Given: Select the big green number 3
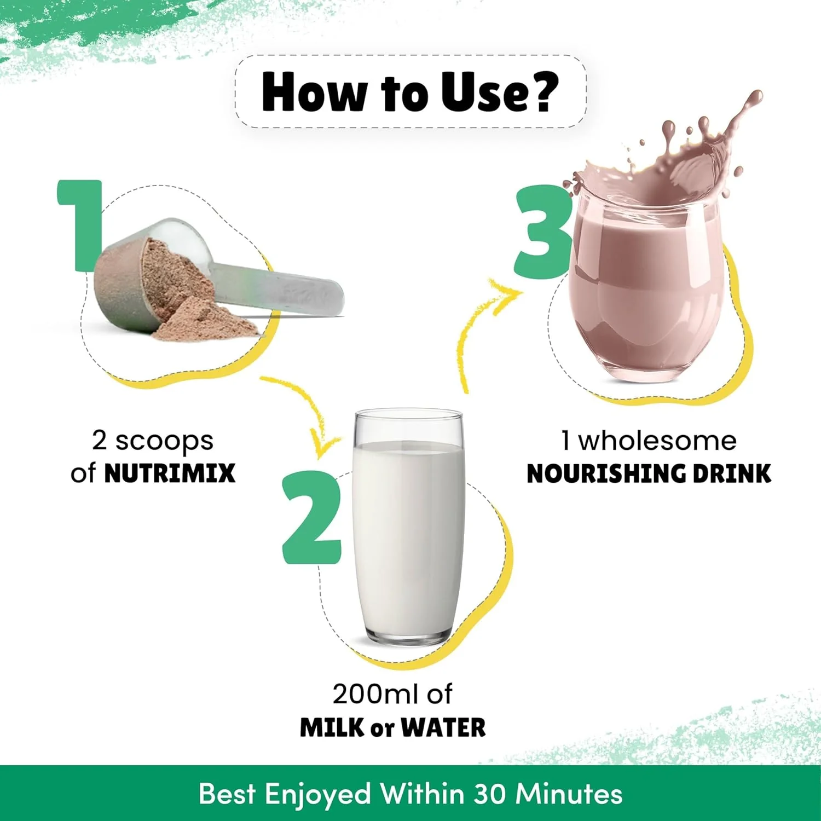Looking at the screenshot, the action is pos(544,232).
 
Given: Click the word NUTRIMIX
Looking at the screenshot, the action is pos(170,473).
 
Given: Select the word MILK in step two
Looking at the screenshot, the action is pos(332,728).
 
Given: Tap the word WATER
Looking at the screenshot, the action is pos(443,728).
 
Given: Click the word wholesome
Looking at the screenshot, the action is pos(657,441).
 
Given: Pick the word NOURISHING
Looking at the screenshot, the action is pos(607,474).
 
